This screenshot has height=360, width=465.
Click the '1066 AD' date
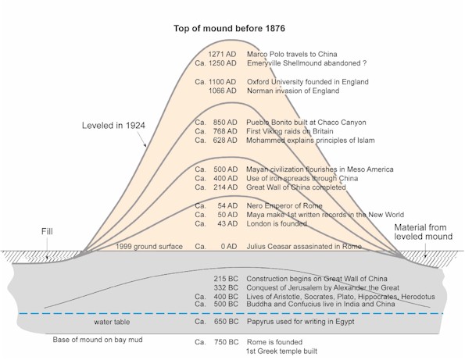point(223,90)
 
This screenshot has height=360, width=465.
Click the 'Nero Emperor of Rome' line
point(285,205)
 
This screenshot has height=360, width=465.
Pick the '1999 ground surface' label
point(150,247)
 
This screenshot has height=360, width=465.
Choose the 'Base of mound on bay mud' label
point(98,340)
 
